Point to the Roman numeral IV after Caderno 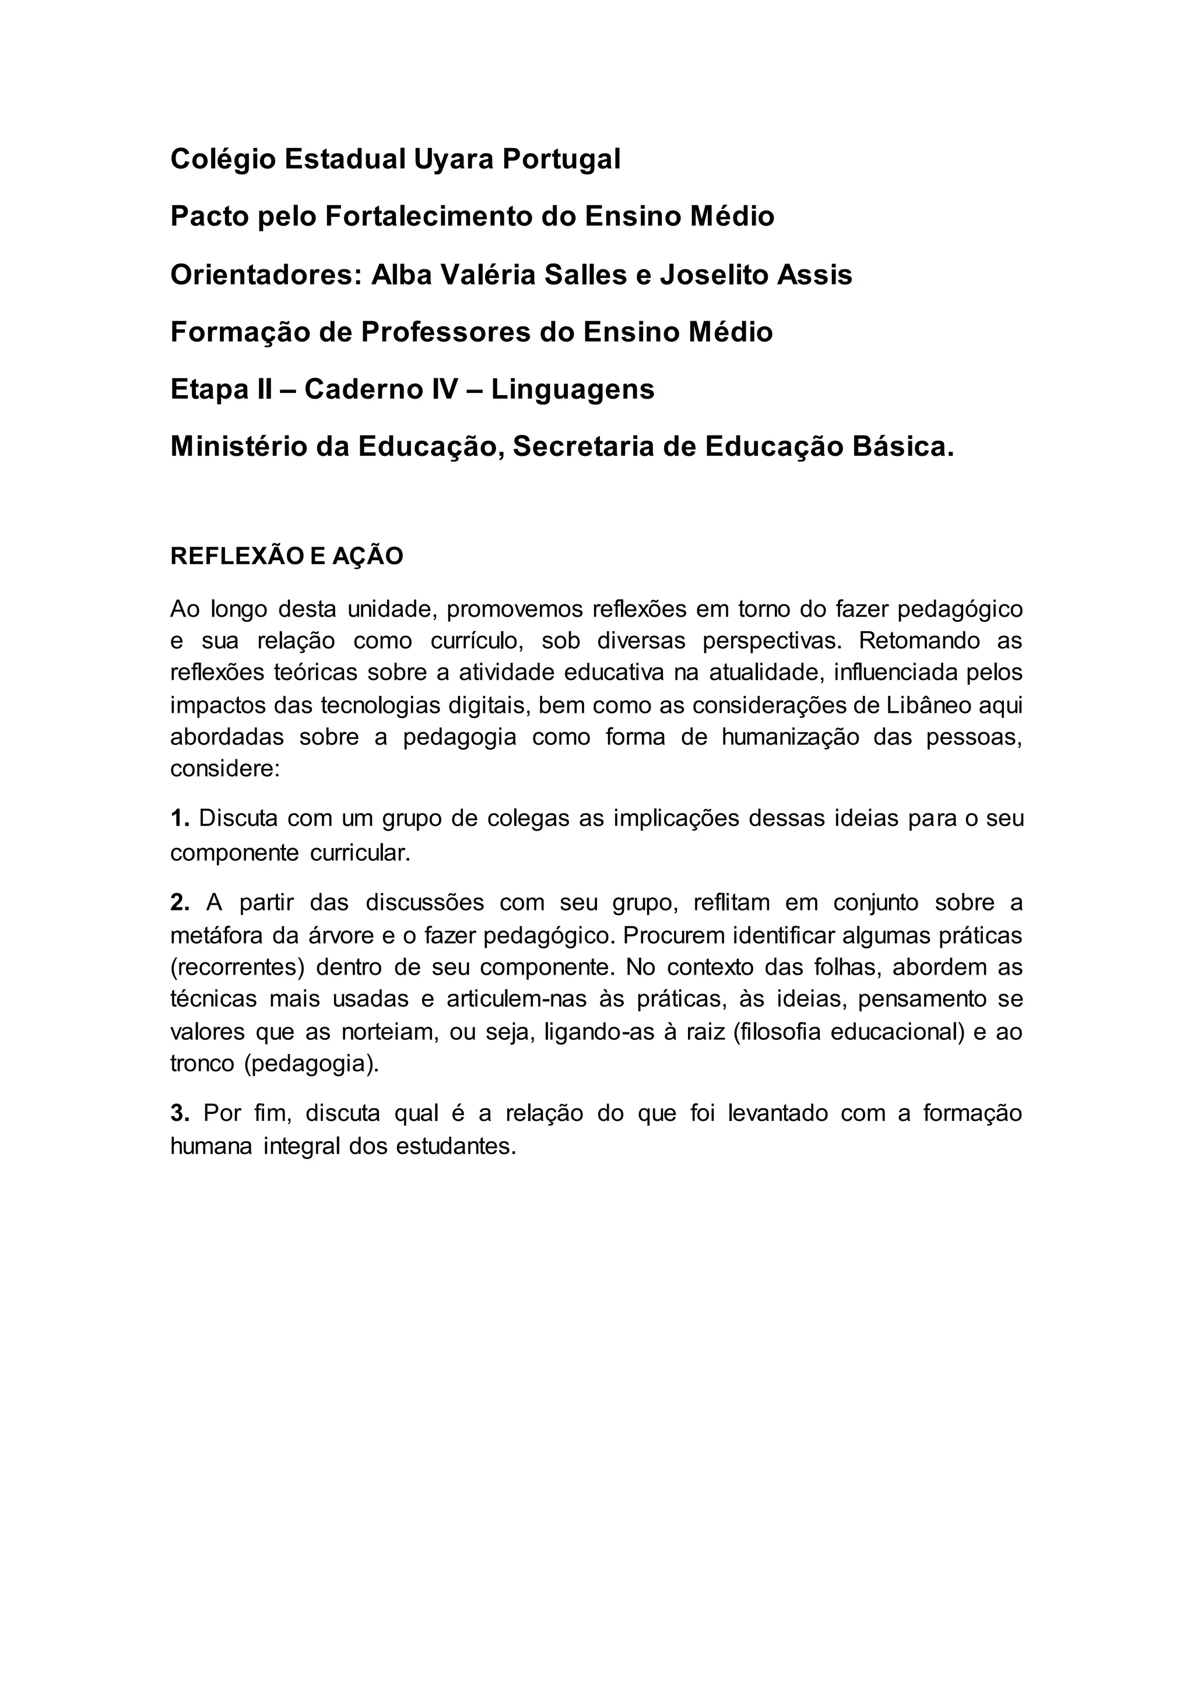tap(444, 390)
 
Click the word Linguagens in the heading tap(573, 390)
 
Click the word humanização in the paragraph tap(789, 737)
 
